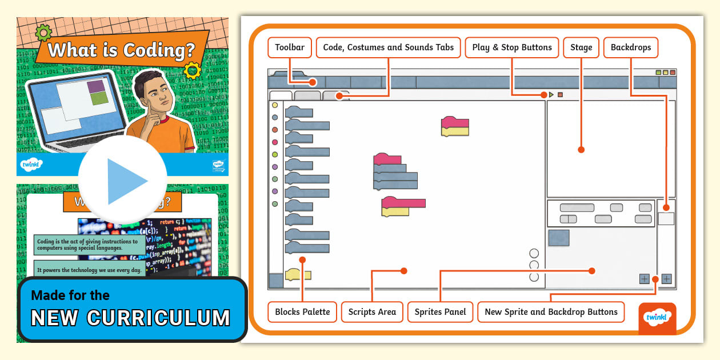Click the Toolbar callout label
290,47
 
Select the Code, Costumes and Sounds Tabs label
388,47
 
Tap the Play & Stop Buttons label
511,47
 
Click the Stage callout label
581,47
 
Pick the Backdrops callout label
630,47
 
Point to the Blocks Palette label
302,312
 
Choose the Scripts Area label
372,312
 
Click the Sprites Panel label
440,312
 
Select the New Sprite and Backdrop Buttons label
551,312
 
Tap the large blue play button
123,181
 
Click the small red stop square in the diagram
561,95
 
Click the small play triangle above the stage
551,95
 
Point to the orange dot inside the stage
581,150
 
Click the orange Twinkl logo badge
657,318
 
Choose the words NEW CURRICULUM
130,318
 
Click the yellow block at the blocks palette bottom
298,275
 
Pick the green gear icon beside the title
43,33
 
